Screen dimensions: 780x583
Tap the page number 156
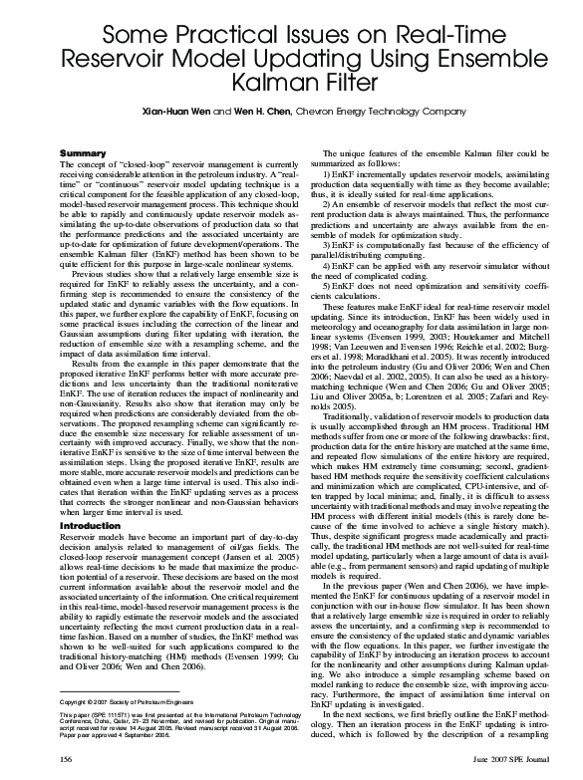68,761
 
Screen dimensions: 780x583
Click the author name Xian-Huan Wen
178,112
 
